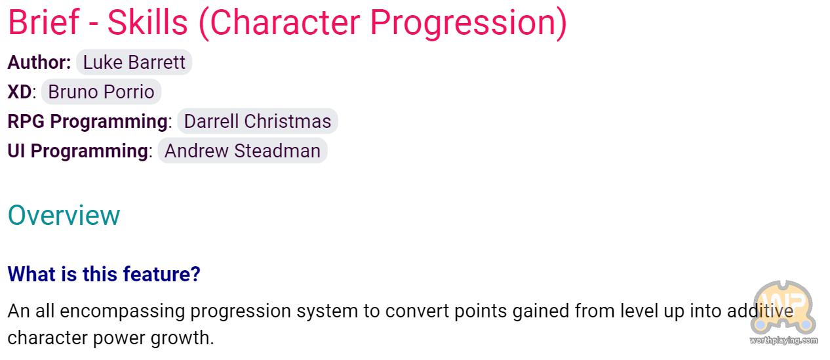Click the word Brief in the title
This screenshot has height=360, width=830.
point(44,22)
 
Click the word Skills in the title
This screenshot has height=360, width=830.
point(148,22)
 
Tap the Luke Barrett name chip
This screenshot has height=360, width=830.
point(134,62)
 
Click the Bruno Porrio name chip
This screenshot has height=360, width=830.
point(101,92)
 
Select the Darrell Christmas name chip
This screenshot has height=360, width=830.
point(258,121)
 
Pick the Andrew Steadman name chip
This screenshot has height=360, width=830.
point(243,151)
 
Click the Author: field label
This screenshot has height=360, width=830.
point(39,62)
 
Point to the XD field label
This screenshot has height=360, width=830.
point(20,92)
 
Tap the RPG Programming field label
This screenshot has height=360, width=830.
point(87,121)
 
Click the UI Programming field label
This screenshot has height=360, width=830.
point(78,151)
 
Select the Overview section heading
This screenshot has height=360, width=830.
point(64,215)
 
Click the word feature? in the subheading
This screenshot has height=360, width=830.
point(161,274)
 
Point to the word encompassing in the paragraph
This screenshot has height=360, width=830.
point(123,311)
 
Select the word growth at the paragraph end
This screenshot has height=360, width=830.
point(182,338)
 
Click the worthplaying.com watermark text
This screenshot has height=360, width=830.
point(783,340)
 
